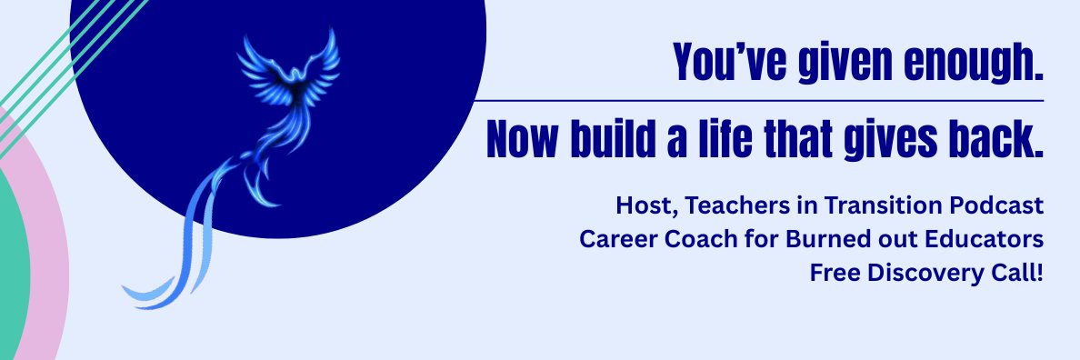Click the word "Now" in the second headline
tap(523, 138)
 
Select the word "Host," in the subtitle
tap(642, 206)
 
